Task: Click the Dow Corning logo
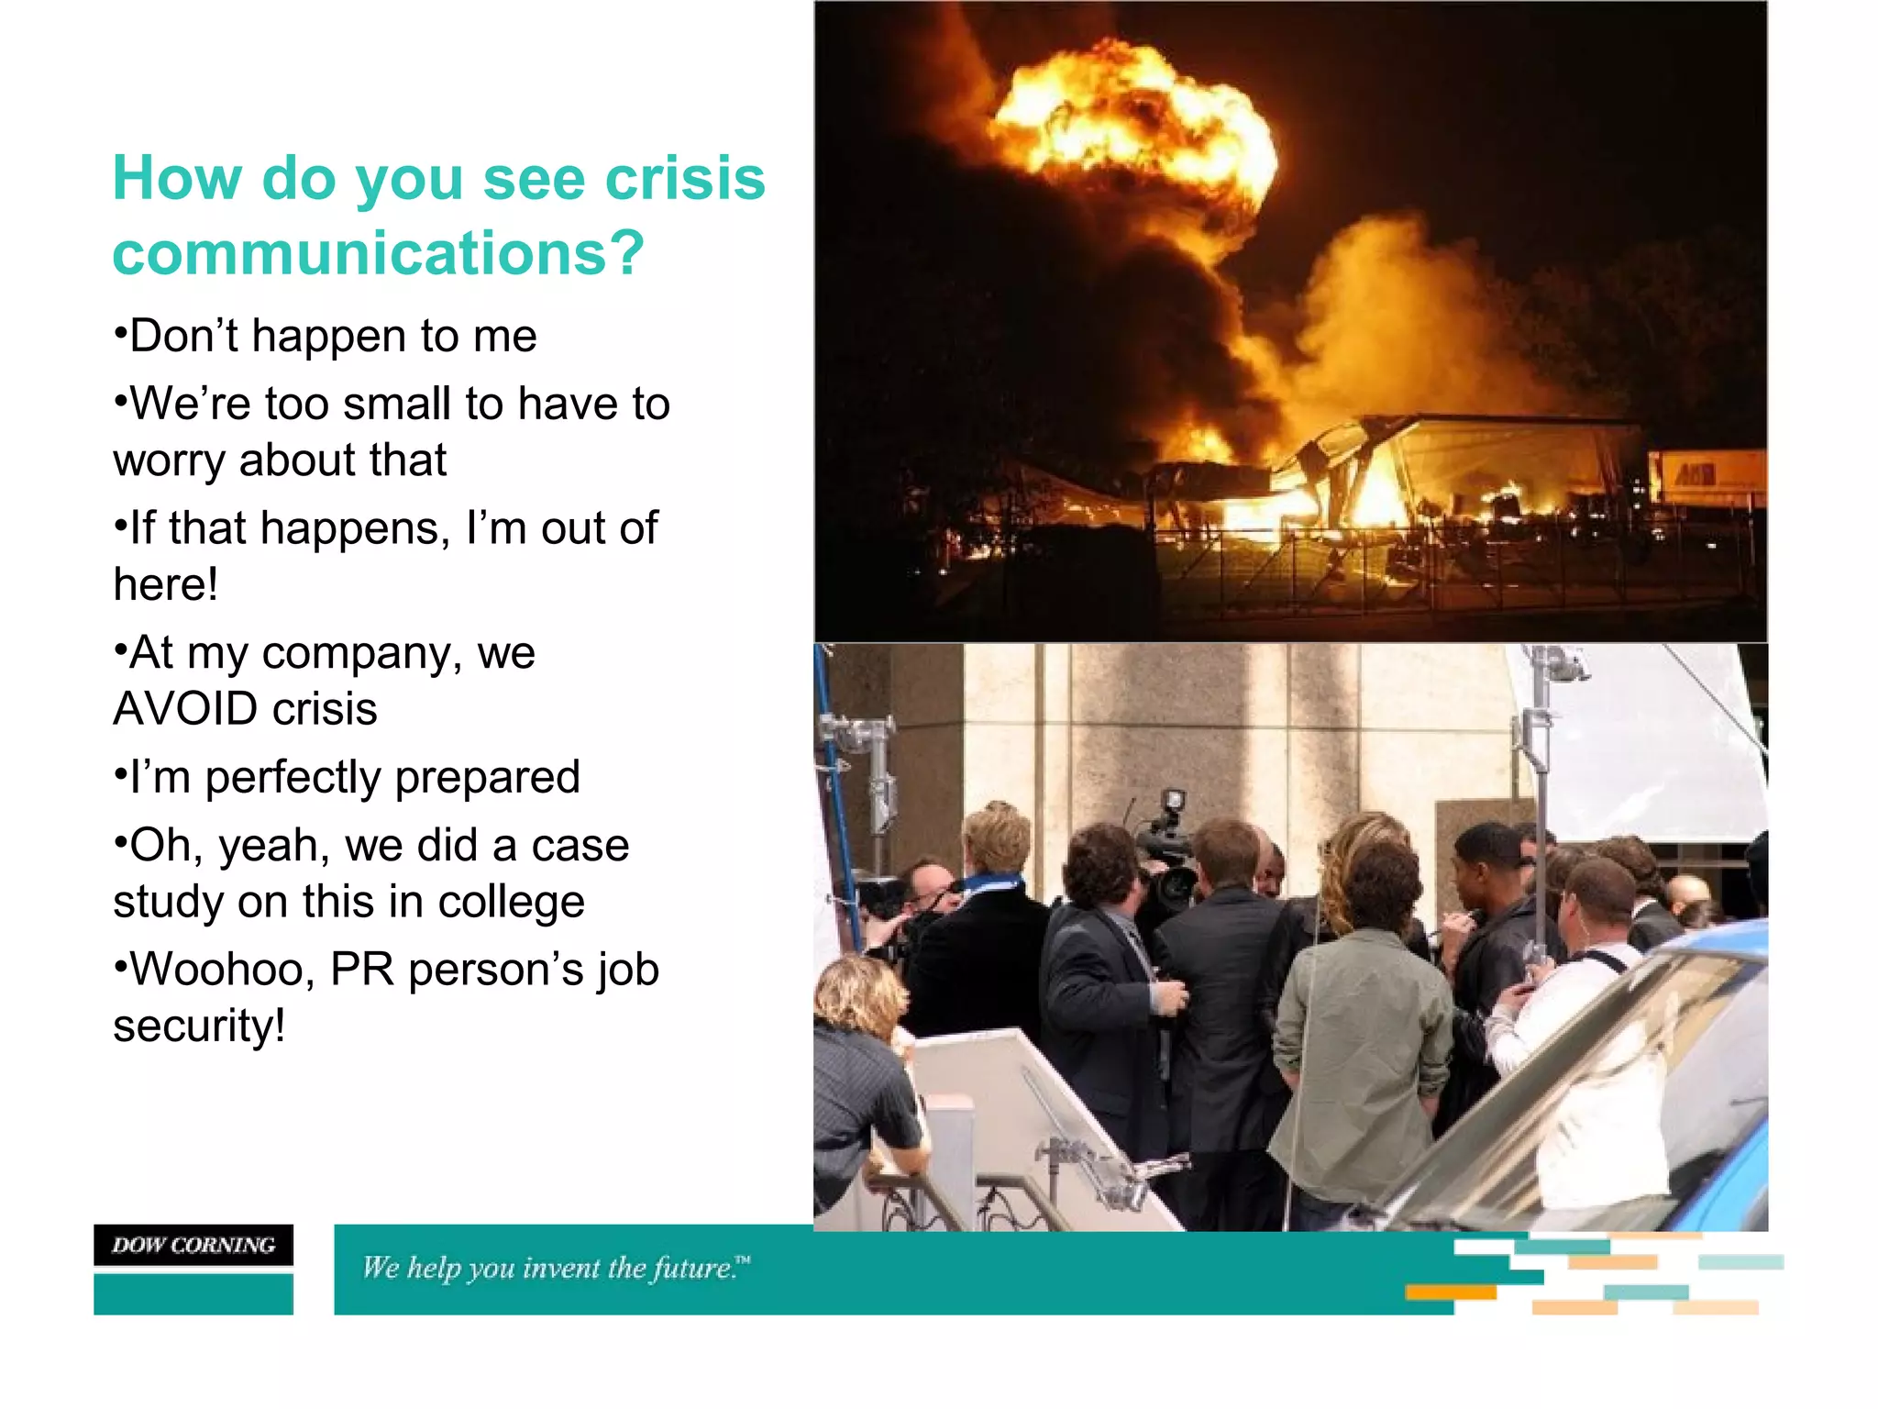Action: [193, 1245]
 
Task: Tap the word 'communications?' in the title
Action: [379, 253]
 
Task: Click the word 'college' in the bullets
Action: [511, 902]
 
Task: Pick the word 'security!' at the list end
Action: [199, 1026]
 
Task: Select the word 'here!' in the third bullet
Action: [166, 584]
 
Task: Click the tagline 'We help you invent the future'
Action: [555, 1269]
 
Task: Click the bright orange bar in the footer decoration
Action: [1450, 1293]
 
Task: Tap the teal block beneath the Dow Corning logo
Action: [193, 1294]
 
